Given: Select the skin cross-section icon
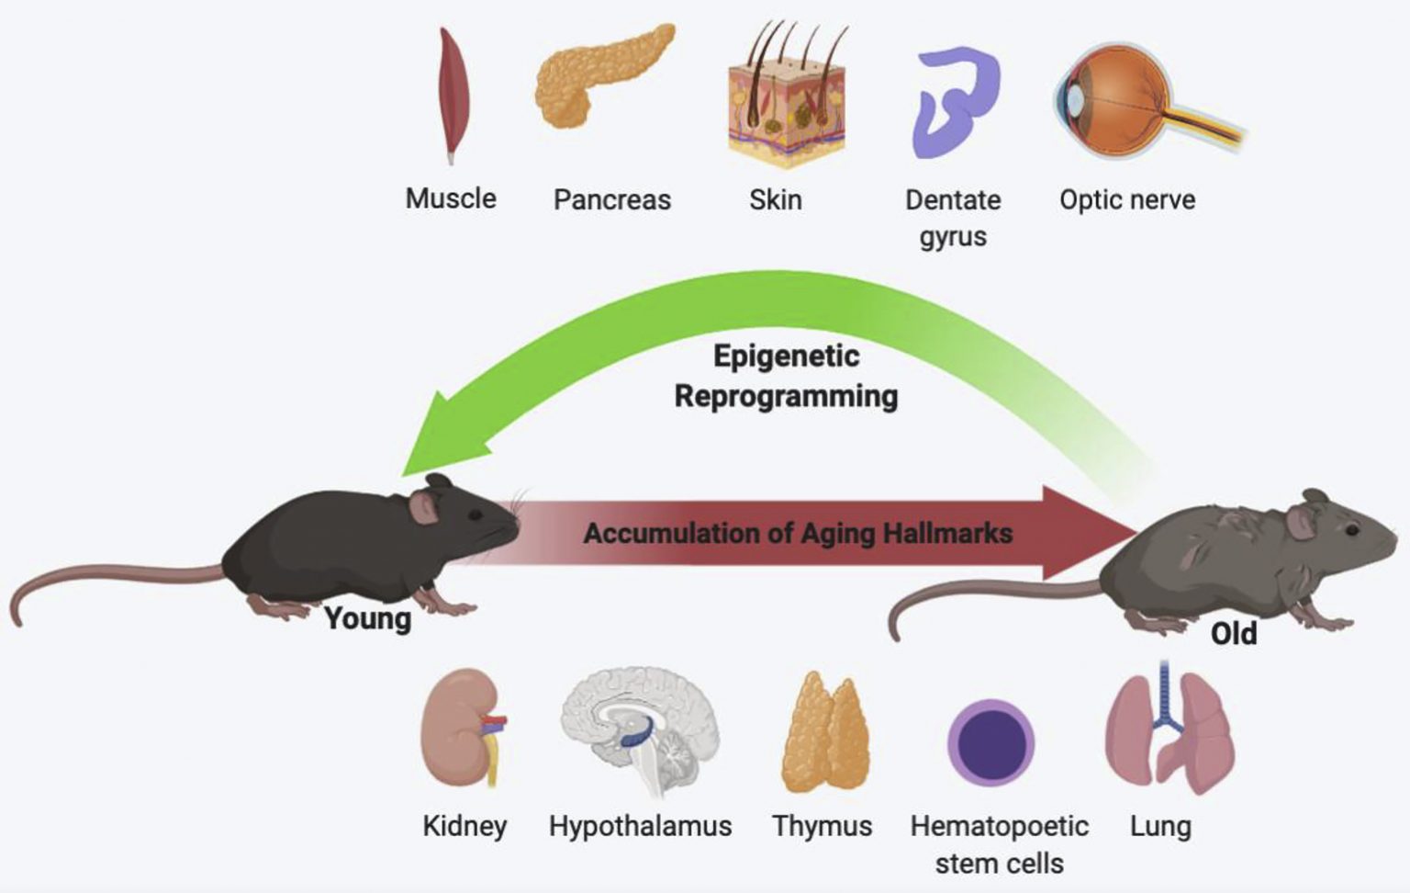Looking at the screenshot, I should coord(787,101).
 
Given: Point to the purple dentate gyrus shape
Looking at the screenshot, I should coord(955,102).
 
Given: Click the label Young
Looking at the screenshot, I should coord(367,619).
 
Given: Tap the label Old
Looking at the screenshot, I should coord(1233,633).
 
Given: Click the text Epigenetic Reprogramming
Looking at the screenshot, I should coord(786,377).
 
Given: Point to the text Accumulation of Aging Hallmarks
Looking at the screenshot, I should coord(798,533).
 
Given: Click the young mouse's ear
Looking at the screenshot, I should coord(425,505).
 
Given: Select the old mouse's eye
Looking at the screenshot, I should coord(1352,529).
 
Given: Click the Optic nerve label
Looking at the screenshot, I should coord(1126,200).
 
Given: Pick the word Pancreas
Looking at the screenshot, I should coord(611,200).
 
